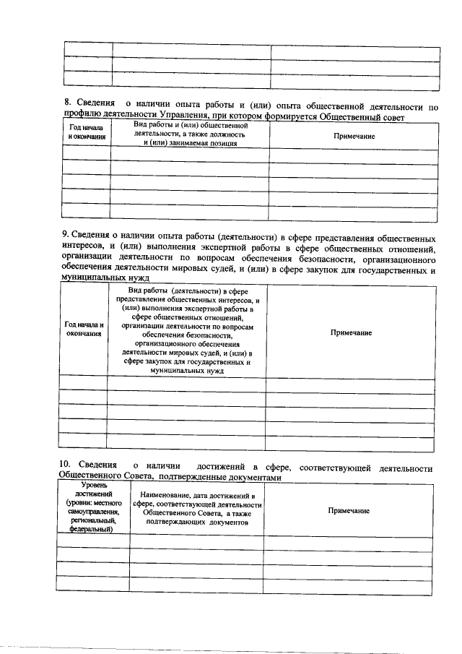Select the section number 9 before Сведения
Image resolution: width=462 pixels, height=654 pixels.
65,238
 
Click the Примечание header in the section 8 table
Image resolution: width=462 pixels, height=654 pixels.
354,136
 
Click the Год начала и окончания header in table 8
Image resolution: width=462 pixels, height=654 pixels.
86,132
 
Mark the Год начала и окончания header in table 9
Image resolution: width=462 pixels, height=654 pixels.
84,330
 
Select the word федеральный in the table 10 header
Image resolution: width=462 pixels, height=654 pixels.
90,529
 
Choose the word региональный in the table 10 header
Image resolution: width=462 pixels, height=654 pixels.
90,520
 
